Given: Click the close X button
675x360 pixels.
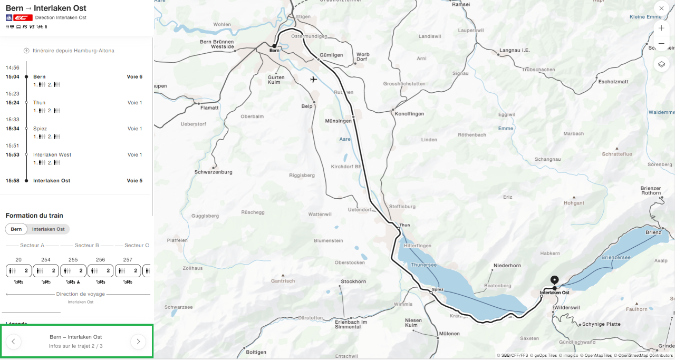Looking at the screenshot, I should tap(661, 8).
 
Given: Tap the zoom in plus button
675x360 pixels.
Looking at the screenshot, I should tap(661, 28).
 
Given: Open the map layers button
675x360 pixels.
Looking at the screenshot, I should tap(661, 64).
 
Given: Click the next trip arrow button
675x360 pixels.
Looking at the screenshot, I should tap(138, 342).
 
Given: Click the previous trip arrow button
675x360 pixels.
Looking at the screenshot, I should tap(13, 342).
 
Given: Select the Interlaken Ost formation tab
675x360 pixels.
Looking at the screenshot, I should tap(49, 229).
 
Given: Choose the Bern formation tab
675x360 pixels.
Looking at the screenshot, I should tap(16, 229).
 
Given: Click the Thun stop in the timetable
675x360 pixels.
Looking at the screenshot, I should tap(40, 103).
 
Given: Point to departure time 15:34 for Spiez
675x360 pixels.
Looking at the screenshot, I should tap(13, 129).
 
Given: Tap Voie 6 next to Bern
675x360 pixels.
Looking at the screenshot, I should tap(134, 77).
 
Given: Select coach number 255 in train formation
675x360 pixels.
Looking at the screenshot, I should tap(73, 270).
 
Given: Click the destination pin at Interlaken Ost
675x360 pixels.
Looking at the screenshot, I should tap(554, 280).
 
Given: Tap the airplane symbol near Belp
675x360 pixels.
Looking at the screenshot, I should tap(314, 80).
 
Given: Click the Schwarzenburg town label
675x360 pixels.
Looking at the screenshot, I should tap(214, 172).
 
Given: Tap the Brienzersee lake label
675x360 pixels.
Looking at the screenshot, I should tap(616, 258).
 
